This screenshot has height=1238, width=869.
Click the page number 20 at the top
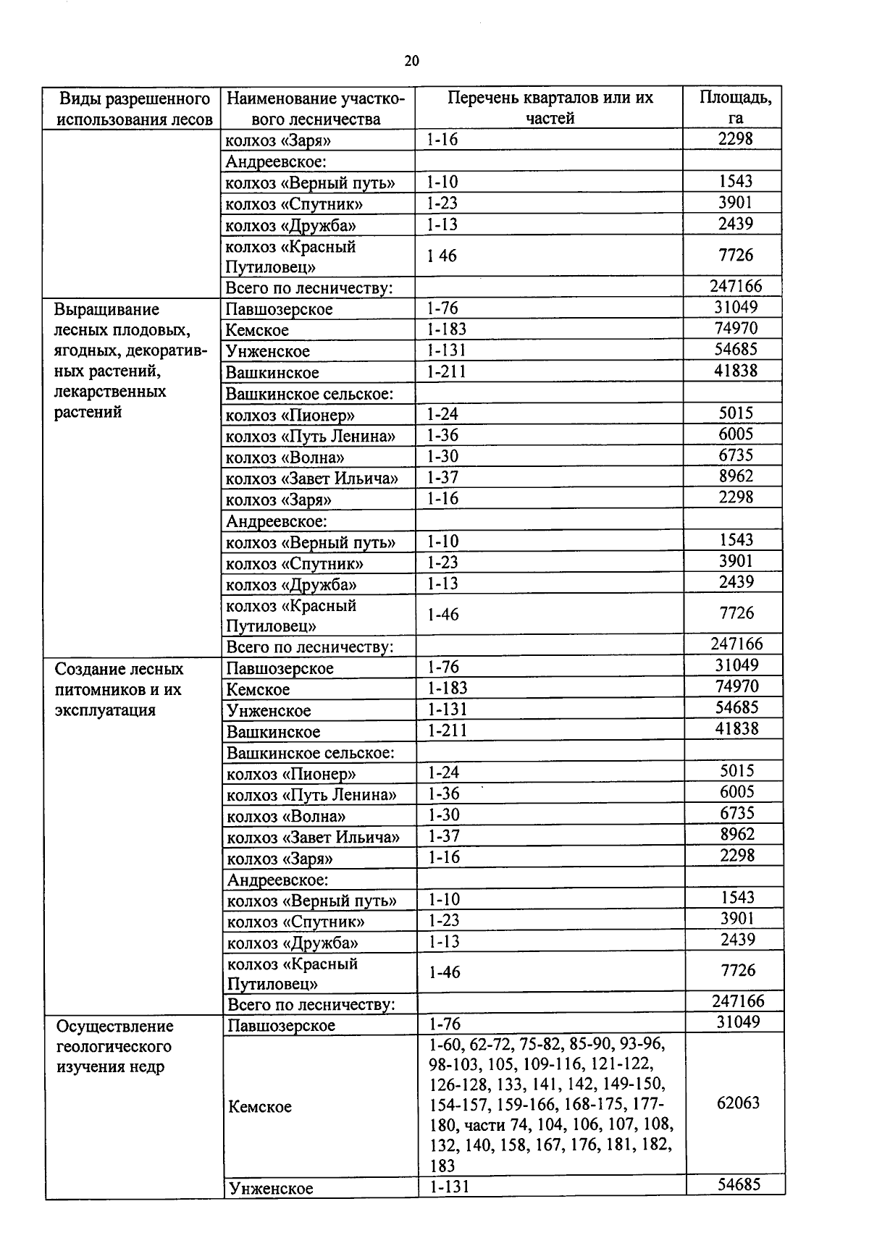[x=411, y=61]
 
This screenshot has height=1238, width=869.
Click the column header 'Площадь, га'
[x=734, y=108]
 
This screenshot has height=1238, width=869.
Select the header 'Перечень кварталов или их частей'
[x=550, y=108]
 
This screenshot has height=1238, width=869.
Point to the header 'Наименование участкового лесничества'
[x=316, y=108]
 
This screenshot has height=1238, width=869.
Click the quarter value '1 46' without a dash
[x=442, y=256]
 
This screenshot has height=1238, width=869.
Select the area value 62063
[x=738, y=1103]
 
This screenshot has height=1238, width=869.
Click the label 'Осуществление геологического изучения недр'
[x=114, y=1046]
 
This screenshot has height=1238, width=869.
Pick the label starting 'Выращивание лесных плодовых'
[x=123, y=361]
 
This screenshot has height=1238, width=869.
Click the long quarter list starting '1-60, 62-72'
[x=550, y=1104]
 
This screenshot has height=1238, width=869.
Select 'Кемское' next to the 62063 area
[x=259, y=1107]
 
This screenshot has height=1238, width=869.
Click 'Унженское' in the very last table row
[x=270, y=1188]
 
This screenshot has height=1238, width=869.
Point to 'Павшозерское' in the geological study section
[x=281, y=1025]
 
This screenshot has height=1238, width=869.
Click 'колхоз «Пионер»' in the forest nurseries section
[x=291, y=774]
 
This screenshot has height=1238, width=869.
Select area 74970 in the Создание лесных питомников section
[x=736, y=686]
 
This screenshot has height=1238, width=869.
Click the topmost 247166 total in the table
[x=736, y=286]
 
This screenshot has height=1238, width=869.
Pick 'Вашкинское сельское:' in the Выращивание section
[x=309, y=395]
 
